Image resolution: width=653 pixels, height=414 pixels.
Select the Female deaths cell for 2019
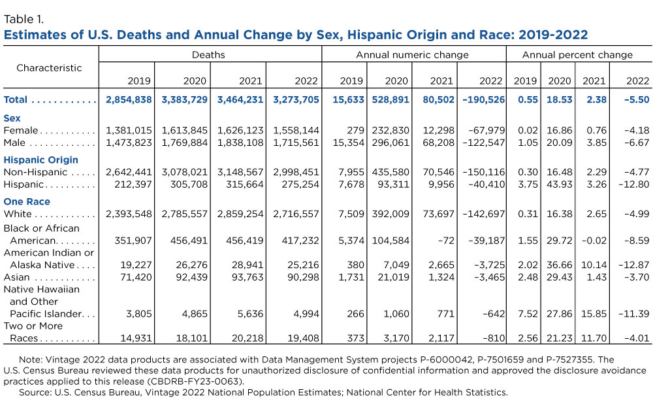129,131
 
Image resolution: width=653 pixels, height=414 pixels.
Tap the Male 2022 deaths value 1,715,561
296,143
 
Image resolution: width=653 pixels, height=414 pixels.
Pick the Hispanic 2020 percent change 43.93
560,184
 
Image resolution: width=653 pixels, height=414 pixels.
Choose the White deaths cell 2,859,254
240,214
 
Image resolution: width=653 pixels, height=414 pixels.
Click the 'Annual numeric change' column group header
412,55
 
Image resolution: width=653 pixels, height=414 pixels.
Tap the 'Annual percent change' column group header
577,55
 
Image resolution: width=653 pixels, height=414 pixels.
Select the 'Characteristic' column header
49,67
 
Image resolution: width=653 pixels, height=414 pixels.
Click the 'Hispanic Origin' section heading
40,160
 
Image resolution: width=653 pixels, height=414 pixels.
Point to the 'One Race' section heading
27,201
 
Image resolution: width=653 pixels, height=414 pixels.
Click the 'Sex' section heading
12,118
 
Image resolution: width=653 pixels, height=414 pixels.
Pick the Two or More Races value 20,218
247,338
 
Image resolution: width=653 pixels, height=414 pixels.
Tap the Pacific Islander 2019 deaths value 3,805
139,313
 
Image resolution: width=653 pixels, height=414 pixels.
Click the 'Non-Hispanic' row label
35,172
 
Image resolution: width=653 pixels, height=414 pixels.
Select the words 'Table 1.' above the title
24,19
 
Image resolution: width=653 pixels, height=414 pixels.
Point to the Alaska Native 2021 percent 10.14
594,265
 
